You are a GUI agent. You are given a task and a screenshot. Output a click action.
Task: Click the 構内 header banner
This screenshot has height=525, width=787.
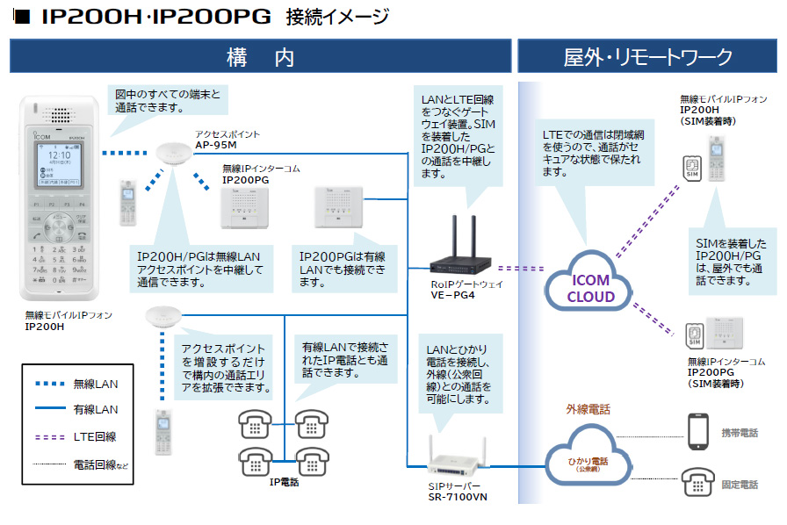(260, 57)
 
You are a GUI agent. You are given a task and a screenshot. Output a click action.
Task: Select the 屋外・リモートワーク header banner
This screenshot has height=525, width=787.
(647, 57)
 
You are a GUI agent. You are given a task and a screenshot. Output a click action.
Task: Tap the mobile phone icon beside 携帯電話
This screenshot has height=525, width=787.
(699, 431)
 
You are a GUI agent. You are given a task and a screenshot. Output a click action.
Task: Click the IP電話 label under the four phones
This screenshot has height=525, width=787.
(284, 482)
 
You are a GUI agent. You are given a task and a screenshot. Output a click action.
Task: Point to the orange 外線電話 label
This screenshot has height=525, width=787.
(588, 409)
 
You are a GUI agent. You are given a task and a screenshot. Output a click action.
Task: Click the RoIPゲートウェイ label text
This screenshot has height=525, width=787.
(467, 284)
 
